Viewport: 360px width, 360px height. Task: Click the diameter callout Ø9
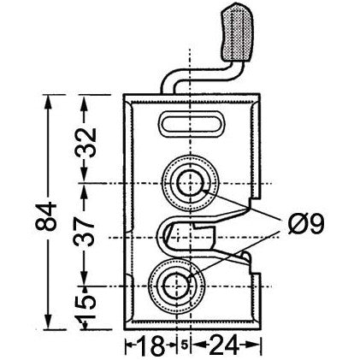(x=305, y=226)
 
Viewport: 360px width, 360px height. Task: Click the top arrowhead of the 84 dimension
(x=48, y=102)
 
